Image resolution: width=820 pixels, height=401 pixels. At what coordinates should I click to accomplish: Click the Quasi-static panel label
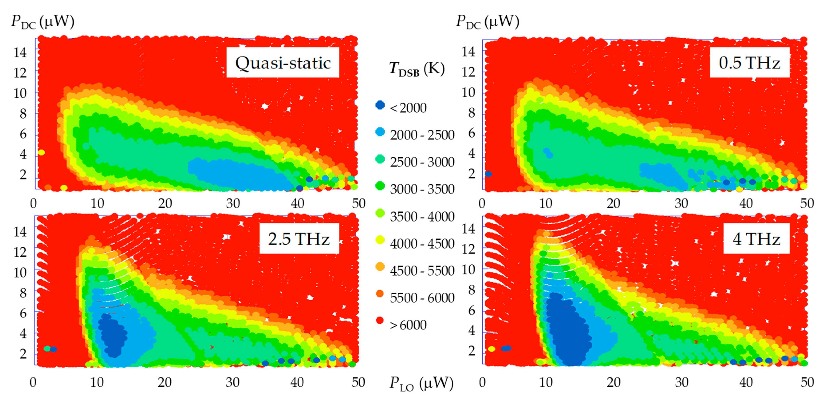283,63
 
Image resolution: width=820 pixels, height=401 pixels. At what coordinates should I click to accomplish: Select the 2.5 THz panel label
299,239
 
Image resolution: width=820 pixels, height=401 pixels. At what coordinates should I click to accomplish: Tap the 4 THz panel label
756,239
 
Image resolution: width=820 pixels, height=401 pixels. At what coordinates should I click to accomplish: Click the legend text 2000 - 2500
422,135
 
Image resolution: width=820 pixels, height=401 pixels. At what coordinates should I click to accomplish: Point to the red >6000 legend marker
380,320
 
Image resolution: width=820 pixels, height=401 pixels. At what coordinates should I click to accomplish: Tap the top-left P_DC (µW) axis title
43,22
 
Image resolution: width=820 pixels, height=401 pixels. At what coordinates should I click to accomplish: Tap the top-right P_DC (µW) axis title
487,22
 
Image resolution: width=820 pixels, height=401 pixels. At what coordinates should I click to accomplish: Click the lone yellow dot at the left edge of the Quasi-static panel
41,153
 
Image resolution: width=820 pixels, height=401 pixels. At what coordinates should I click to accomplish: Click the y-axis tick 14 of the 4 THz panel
468,229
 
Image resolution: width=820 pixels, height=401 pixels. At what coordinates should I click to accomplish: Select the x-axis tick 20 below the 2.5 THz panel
165,382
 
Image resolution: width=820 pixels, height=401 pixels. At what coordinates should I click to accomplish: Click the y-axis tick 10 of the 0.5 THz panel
468,93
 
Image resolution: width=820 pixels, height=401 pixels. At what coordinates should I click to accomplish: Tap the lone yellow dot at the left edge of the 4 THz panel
492,349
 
